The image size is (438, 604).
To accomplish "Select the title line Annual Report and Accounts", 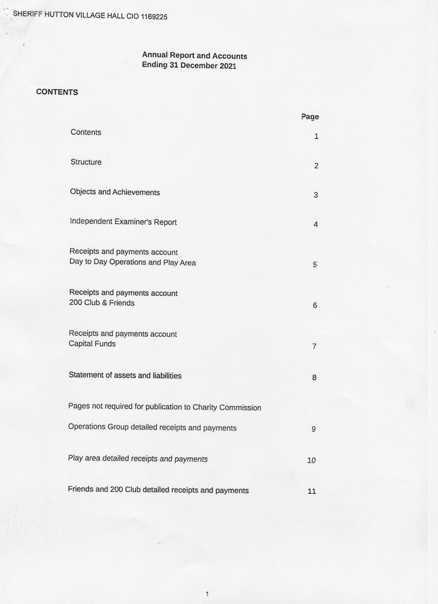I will click(194, 56).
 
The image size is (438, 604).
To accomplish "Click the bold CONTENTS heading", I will click(57, 92).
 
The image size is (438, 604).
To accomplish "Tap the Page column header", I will click(310, 117).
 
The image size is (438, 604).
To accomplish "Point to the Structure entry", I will click(86, 162).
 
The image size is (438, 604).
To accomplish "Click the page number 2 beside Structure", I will click(316, 166).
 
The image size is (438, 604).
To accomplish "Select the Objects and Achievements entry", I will click(115, 192).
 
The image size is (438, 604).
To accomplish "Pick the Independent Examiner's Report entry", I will click(123, 222).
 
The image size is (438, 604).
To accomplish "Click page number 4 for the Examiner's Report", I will click(315, 225).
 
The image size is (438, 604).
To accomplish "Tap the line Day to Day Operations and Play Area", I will click(133, 262).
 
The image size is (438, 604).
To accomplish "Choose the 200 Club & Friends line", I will click(101, 303).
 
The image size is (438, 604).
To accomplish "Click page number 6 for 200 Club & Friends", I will click(315, 306).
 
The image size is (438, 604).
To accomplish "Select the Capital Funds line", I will click(92, 344).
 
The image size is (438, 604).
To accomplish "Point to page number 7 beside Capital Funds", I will click(314, 347).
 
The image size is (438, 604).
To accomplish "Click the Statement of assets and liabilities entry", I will click(125, 376).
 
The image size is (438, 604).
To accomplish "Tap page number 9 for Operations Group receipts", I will click(314, 430).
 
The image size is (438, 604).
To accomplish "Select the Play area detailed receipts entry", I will click(138, 459).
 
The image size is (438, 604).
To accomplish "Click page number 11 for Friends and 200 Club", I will click(312, 492).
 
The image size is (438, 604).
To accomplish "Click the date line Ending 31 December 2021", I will click(189, 65).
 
